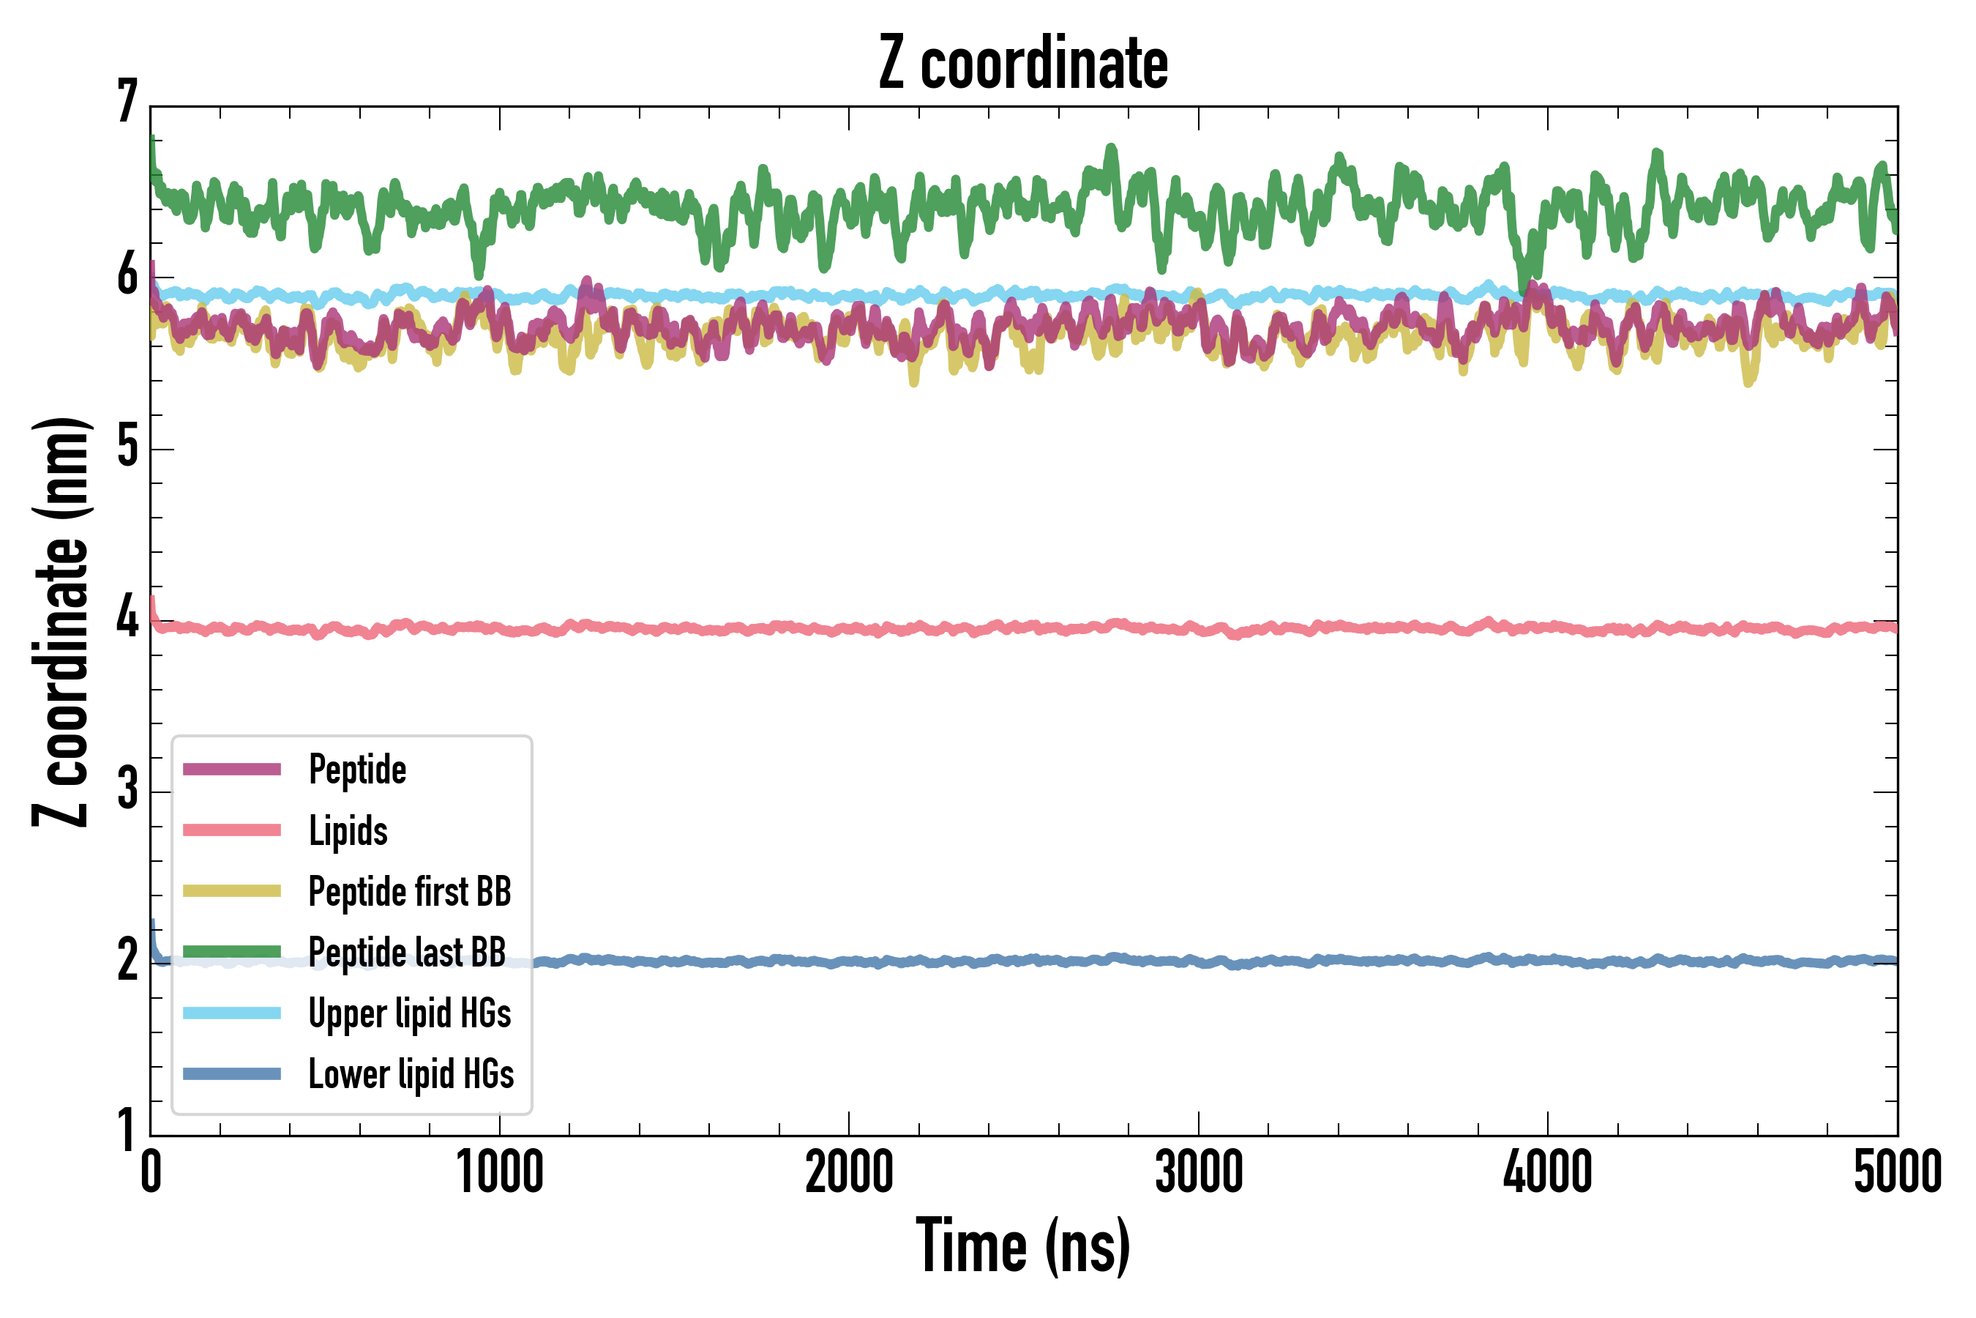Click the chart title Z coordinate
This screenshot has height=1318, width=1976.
[x=1022, y=64]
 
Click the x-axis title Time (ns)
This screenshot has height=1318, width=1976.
[x=1022, y=1246]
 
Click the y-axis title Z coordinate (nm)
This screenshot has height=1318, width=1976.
[x=61, y=622]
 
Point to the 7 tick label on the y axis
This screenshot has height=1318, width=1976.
[x=127, y=102]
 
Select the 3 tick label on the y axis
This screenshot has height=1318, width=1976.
[x=127, y=789]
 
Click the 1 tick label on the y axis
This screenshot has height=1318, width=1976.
[x=127, y=1131]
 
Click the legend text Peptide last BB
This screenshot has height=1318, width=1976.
[x=408, y=953]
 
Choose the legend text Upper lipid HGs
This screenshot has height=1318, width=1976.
[x=410, y=1013]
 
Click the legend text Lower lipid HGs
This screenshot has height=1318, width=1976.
[x=411, y=1074]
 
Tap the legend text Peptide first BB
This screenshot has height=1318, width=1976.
[x=410, y=891]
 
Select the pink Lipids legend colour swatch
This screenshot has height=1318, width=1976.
[x=232, y=830]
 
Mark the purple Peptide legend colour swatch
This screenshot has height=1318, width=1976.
[x=232, y=769]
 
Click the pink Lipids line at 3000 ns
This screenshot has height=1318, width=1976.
[x=1199, y=628]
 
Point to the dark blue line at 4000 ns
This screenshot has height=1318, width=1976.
[x=1548, y=960]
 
